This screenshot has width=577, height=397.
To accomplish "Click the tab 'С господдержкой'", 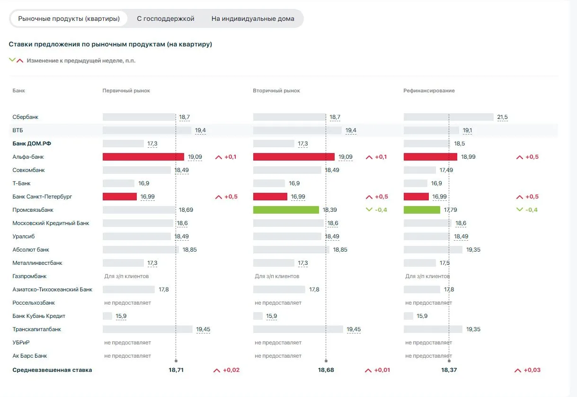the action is point(165,18).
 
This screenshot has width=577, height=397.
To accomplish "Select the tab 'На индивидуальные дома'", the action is point(253,18).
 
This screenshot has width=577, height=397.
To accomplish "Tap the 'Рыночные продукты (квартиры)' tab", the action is point(69,18).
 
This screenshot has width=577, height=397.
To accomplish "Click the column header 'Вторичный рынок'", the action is point(276,90).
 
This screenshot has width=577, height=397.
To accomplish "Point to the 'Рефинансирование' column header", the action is point(429,90).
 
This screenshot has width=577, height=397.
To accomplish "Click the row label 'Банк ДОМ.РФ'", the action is point(32,144).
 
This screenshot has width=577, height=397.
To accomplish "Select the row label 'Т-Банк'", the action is point(21,183).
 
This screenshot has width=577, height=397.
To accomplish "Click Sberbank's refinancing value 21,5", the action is point(502,117).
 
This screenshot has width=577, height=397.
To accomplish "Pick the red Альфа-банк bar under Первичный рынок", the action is point(143,157).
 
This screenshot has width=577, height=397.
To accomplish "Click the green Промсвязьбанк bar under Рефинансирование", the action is point(422,210).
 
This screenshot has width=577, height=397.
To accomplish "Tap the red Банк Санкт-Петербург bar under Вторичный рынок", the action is point(270,197).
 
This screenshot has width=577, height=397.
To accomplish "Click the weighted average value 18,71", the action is point(176,370).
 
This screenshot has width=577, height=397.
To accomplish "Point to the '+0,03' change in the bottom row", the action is point(532,370).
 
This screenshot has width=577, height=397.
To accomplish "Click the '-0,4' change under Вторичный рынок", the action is point(381,210).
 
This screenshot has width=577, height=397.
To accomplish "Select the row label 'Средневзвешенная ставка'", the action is point(52,370).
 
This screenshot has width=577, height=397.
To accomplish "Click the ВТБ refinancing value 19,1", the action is point(467,130).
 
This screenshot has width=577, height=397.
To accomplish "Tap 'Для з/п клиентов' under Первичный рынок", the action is point(126,276).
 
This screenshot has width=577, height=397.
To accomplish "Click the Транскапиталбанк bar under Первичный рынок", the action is point(148,329).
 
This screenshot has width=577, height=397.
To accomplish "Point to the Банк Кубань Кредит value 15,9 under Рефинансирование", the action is point(422,316).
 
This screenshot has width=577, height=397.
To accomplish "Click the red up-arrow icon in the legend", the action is point(20,61).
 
